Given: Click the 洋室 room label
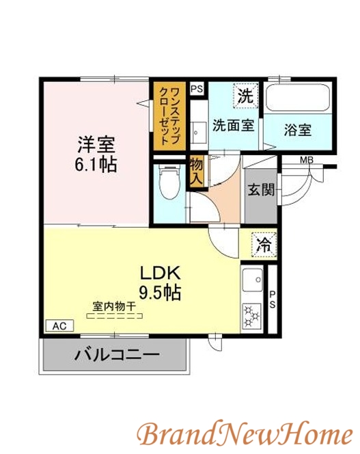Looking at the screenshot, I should click(96, 145).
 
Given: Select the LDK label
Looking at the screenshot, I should click(161, 273).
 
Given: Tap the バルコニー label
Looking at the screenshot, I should click(117, 356).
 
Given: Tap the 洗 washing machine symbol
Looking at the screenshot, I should click(245, 96).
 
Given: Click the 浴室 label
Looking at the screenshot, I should click(298, 129).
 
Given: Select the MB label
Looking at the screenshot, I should click(306, 161).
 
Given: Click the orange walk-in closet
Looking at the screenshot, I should click(169, 116).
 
